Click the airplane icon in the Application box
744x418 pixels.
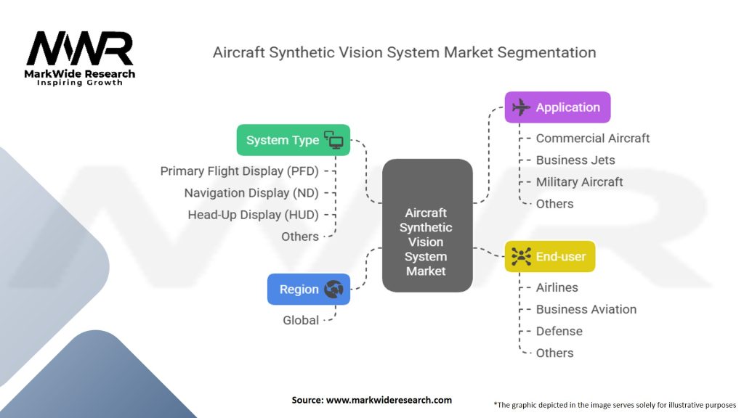521,107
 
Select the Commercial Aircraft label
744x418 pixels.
592,138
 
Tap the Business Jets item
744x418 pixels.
575,160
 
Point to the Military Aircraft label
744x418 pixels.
579,181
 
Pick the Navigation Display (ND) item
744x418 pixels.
251,193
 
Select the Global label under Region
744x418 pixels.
300,320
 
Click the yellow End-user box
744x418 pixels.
549,256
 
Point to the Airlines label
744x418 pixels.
557,287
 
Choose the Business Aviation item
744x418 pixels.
586,309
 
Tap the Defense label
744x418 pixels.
559,331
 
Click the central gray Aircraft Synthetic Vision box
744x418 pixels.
426,226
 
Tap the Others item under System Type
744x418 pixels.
299,237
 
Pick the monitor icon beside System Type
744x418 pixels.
333,140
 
